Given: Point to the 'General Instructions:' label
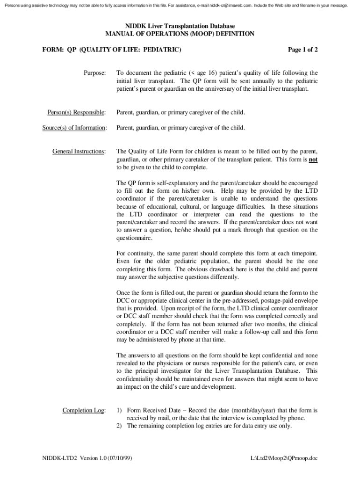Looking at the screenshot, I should [79, 151].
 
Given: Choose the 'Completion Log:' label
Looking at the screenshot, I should [84, 410].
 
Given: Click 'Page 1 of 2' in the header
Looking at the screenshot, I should [303, 49].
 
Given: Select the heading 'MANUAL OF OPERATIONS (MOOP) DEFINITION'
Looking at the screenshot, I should [180, 34].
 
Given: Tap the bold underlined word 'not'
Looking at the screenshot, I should [313, 160].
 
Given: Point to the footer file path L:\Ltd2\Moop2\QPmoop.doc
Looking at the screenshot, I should [284, 458].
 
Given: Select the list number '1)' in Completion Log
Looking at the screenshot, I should [119, 410].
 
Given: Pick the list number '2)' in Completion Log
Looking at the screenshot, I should [119, 426].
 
